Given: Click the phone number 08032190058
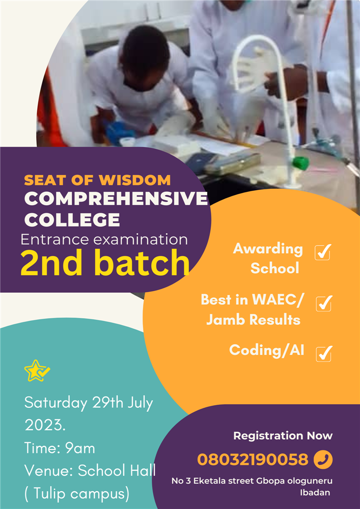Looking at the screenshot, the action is click(253, 460).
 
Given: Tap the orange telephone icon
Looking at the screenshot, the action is click(323, 460).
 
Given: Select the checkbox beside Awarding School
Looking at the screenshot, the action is click(322, 252).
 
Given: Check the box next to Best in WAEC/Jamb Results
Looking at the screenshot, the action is click(324, 303).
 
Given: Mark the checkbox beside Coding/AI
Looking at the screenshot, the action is click(324, 354).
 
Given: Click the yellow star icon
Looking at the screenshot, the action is click(36, 371).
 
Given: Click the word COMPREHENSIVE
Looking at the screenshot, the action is click(116, 199).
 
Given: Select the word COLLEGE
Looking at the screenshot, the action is click(72, 220).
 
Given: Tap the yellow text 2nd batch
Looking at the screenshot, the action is click(105, 263).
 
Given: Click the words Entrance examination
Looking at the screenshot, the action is click(104, 240).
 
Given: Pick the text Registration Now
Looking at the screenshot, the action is click(283, 436).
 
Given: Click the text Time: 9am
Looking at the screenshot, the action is click(60, 448).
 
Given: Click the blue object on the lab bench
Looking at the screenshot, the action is click(120, 132).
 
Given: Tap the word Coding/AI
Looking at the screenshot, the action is click(266, 350).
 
